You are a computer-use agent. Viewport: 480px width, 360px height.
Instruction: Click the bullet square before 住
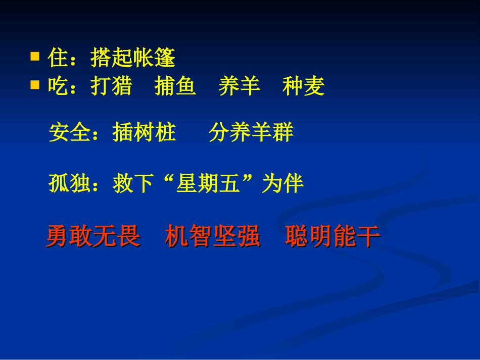[x=35, y=56]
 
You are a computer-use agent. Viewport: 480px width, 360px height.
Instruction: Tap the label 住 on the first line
[x=58, y=59]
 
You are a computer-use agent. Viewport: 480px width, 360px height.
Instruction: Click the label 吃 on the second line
[x=58, y=87]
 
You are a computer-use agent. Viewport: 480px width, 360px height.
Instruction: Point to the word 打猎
[x=111, y=87]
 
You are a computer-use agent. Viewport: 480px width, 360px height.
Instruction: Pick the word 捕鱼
[x=175, y=87]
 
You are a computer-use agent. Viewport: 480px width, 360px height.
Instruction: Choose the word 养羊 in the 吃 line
[x=239, y=87]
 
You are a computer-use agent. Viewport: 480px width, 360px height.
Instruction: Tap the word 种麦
[x=303, y=87]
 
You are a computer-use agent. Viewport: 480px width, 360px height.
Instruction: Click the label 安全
[x=70, y=133]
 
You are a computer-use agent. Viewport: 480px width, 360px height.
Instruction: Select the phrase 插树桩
[x=144, y=133]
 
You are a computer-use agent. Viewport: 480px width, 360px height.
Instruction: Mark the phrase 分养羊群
[x=251, y=133]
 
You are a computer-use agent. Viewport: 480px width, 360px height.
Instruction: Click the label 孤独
[x=70, y=184]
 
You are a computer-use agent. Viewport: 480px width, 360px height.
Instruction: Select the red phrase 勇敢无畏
[x=93, y=236]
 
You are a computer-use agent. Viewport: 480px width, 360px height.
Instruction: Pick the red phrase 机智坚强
[x=212, y=236]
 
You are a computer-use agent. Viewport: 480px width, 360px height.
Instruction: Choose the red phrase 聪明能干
[x=332, y=236]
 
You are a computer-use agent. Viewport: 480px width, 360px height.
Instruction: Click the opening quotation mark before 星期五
[x=167, y=181]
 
